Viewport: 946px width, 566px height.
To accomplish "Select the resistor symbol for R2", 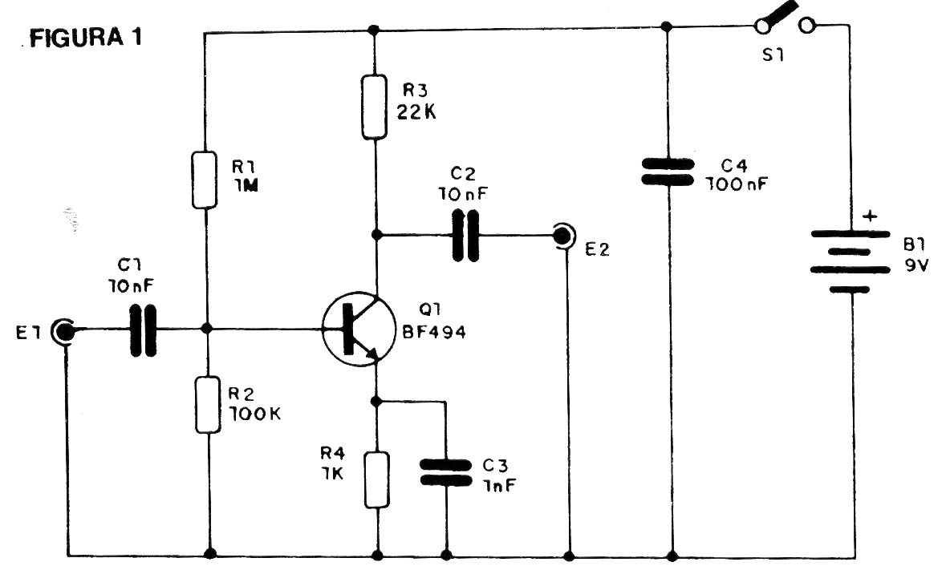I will tap(208, 406).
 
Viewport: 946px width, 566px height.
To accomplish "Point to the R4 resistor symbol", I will tap(376, 479).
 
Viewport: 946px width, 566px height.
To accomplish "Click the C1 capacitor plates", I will tap(144, 329).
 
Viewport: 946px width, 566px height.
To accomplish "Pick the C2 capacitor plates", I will tap(465, 236).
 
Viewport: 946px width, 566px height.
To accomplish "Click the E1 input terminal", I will tap(63, 329).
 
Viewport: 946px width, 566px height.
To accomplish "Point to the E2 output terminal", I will tap(565, 236).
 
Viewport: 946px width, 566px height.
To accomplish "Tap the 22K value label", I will tap(416, 112).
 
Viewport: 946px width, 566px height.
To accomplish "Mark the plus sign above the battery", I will tap(869, 216).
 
